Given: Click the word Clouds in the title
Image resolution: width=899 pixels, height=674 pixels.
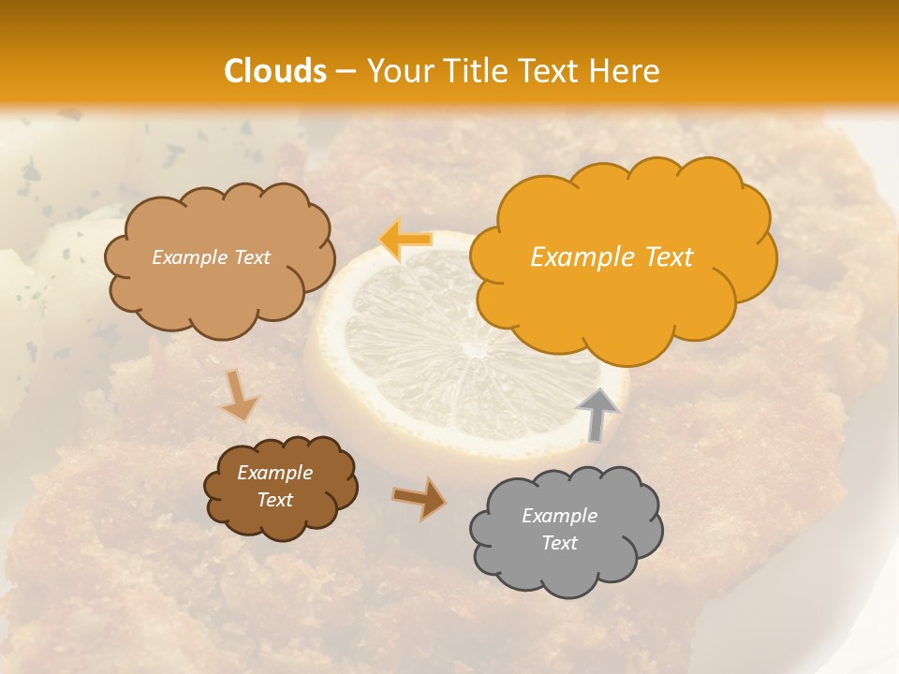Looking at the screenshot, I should pos(275,71).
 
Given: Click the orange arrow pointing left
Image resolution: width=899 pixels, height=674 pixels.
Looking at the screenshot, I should pos(405,240).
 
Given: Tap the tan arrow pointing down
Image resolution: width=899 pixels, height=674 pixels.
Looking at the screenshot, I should pos(240,395).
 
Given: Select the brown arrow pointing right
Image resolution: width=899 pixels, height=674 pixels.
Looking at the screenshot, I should pos(420,498).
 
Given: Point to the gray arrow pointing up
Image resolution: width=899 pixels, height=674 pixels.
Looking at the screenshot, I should pos(597,415).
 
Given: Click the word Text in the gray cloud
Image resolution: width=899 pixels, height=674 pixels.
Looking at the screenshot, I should pos(559,543).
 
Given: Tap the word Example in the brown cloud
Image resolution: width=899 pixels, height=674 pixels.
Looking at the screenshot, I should pos(274,473).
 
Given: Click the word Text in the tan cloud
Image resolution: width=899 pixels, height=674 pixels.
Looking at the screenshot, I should pos(250,257).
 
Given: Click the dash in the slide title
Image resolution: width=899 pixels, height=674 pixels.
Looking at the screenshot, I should pos(346,71).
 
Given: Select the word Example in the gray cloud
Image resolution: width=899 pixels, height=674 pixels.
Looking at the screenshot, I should pos(559,516).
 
